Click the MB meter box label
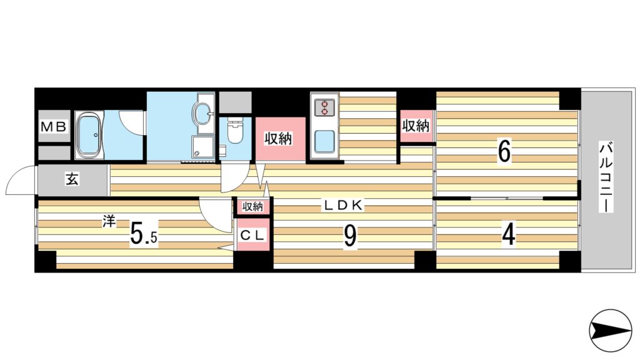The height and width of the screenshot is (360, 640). pos(54,127)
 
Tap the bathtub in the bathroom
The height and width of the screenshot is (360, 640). pos(89,135)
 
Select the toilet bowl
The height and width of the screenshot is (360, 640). pos(235,131)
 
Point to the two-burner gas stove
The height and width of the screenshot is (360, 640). pos(324,107)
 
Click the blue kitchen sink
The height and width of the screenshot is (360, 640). pos(325,141)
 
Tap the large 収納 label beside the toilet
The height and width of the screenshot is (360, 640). pos(279,139)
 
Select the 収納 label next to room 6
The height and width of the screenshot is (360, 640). pos(416,126)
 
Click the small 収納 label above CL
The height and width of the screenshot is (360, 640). pos(252,207)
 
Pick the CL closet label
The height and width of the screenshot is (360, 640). pos(252,235)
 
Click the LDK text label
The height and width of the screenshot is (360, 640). pos(344,205)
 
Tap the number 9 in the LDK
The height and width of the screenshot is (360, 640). pos(350,236)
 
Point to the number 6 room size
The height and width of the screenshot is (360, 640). pos(504,152)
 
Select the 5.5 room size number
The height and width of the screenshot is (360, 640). pos(144,236)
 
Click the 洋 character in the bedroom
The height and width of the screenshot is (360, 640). pos(109,222)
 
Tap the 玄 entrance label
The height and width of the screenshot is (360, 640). pos(72,179)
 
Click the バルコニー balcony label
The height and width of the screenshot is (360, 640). pos(606,176)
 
